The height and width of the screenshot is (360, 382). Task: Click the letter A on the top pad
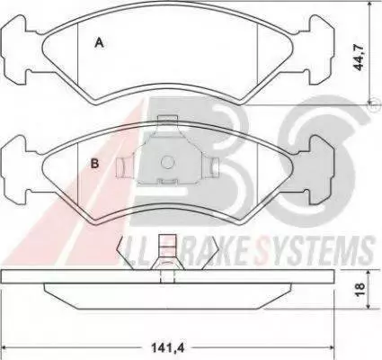(99, 42)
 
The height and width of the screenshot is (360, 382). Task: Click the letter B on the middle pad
(94, 164)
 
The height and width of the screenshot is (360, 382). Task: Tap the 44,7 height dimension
(359, 58)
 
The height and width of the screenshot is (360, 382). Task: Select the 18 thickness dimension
(360, 289)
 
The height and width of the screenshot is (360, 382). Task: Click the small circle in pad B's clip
(167, 162)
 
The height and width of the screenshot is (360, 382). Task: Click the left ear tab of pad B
(14, 170)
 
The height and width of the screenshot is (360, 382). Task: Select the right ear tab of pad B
(322, 170)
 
